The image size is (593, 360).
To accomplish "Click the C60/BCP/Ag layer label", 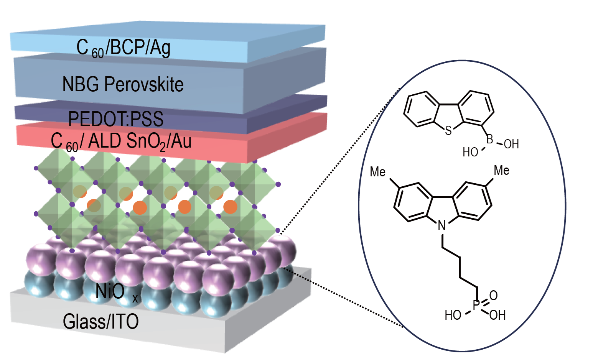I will tap(123, 48).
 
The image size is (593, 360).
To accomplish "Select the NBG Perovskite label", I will tap(123, 84).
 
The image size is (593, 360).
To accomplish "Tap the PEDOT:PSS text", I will tap(115, 119).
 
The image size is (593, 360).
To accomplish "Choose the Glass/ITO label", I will tap(100, 321).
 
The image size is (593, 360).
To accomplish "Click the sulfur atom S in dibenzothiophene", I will tap(448, 131).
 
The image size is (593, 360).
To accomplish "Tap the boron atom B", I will tap(490, 140).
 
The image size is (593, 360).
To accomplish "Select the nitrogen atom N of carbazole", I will tap(442, 226).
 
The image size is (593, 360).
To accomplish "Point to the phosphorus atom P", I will tap(476, 306).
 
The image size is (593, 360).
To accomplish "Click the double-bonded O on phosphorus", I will tap(493, 295).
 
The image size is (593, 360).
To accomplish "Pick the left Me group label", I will tap(377, 172).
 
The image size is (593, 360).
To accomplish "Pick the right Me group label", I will tap(501, 170).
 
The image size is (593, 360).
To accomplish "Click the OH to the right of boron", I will tap(511, 145).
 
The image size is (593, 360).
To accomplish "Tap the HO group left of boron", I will tap(470, 153).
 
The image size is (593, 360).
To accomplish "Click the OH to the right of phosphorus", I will tap(497, 315).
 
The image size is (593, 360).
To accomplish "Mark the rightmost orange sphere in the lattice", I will tap(230, 207).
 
